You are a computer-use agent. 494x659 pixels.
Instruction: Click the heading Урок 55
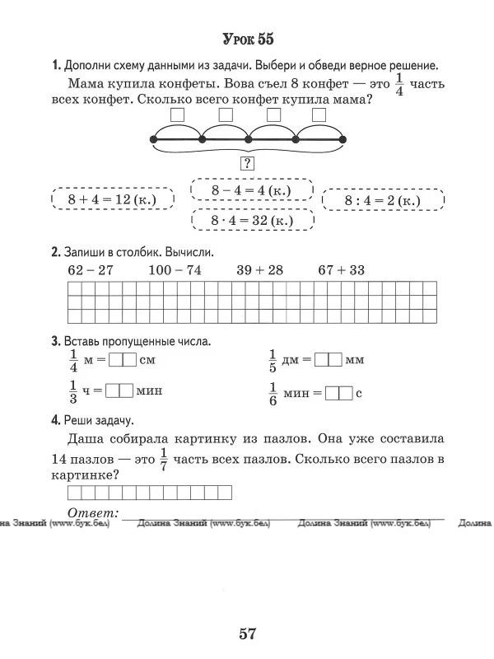point(247,39)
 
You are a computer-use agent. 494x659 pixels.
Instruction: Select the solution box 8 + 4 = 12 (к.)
point(113,200)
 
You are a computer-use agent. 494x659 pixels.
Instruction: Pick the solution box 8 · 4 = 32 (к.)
point(251,221)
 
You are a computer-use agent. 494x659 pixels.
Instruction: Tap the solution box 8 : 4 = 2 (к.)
point(383,200)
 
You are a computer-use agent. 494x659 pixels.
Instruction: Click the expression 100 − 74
point(175,270)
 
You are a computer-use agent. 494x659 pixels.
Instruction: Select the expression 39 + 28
point(259,270)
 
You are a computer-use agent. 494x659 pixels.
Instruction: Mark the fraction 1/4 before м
point(72,360)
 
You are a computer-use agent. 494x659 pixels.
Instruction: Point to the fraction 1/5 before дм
point(273,360)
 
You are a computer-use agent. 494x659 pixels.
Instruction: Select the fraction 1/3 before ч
point(72,392)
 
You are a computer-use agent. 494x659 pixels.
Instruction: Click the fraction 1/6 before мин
point(273,393)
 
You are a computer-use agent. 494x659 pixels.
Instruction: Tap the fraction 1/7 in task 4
point(163,457)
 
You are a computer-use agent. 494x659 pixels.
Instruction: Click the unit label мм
point(355,361)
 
